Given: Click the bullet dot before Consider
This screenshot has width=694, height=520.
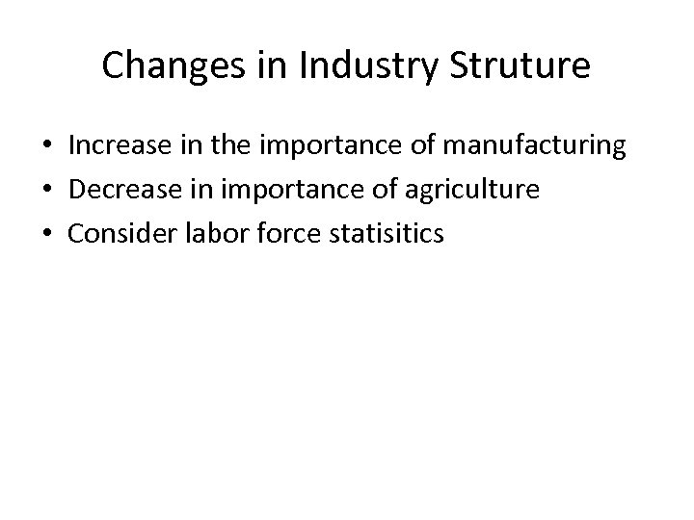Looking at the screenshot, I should tap(46, 233).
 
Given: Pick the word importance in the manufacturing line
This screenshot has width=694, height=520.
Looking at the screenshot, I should tap(316, 147).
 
